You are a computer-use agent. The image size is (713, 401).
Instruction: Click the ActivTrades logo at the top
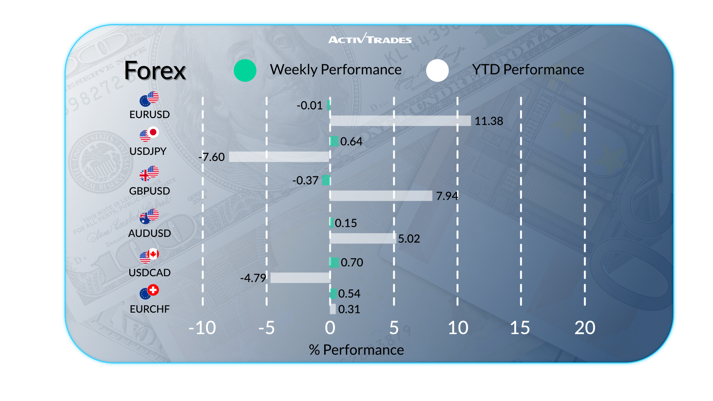click(370, 38)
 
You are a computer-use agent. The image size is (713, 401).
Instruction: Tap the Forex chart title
click(155, 71)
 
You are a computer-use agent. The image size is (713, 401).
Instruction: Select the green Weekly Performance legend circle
click(245, 70)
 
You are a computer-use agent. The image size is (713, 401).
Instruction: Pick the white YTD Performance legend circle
click(437, 70)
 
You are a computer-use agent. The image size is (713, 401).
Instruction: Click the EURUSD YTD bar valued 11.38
click(400, 121)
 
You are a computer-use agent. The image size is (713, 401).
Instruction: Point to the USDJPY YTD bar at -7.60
click(279, 157)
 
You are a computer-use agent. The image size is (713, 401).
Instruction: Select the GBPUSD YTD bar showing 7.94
click(381, 196)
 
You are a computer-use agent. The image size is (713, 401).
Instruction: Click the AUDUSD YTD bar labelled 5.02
click(363, 238)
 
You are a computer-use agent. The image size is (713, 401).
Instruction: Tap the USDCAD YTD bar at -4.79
click(300, 278)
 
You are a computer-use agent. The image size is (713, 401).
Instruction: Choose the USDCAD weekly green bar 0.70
click(334, 263)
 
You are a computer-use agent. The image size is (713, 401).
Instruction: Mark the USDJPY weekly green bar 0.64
click(334, 141)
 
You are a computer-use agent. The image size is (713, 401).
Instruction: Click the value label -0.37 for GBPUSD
click(305, 180)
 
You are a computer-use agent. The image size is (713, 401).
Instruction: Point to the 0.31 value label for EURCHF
click(349, 309)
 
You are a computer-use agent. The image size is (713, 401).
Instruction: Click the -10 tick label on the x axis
click(202, 328)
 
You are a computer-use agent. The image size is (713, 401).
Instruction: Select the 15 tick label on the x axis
click(520, 328)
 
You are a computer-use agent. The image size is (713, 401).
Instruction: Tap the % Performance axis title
click(356, 350)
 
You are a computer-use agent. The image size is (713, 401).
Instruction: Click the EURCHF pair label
click(150, 309)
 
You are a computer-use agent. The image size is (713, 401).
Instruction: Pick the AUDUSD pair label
click(149, 233)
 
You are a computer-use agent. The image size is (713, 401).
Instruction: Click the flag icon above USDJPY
click(149, 134)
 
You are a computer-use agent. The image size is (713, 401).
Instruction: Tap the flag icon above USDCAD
click(149, 255)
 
